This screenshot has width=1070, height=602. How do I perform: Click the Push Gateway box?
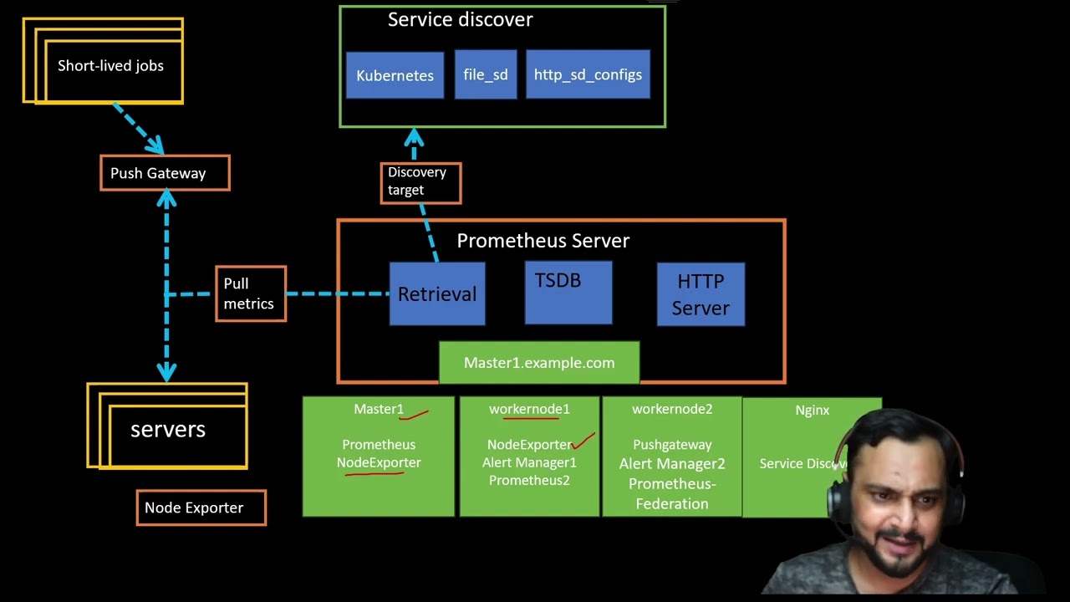coord(165,173)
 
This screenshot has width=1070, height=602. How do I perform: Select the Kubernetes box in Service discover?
coord(395,75)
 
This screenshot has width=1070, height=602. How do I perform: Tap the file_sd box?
coord(486,74)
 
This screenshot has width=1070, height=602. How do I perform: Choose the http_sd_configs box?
coord(588,74)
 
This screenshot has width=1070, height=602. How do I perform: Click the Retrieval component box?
coord(437,294)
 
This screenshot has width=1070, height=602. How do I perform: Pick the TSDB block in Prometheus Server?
coord(568,292)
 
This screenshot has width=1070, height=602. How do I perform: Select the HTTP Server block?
coord(701,294)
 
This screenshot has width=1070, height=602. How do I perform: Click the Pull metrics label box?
coord(251,293)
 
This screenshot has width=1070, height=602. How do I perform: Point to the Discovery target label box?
coord(420,182)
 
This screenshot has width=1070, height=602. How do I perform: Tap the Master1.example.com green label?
coord(539,363)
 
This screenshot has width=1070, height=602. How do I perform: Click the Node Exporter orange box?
coord(201,508)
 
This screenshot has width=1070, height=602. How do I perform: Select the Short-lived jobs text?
coord(110,66)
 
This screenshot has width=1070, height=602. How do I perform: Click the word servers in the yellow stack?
coord(168,430)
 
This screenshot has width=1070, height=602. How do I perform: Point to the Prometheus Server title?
coord(543,241)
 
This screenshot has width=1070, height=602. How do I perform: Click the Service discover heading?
coord(460,20)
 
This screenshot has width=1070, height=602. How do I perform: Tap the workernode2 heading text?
coord(672,409)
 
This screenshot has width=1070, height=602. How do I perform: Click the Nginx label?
coord(812,411)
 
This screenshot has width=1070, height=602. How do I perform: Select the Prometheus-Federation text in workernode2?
coord(672,493)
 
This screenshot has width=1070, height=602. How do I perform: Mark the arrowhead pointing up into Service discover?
coord(414,137)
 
